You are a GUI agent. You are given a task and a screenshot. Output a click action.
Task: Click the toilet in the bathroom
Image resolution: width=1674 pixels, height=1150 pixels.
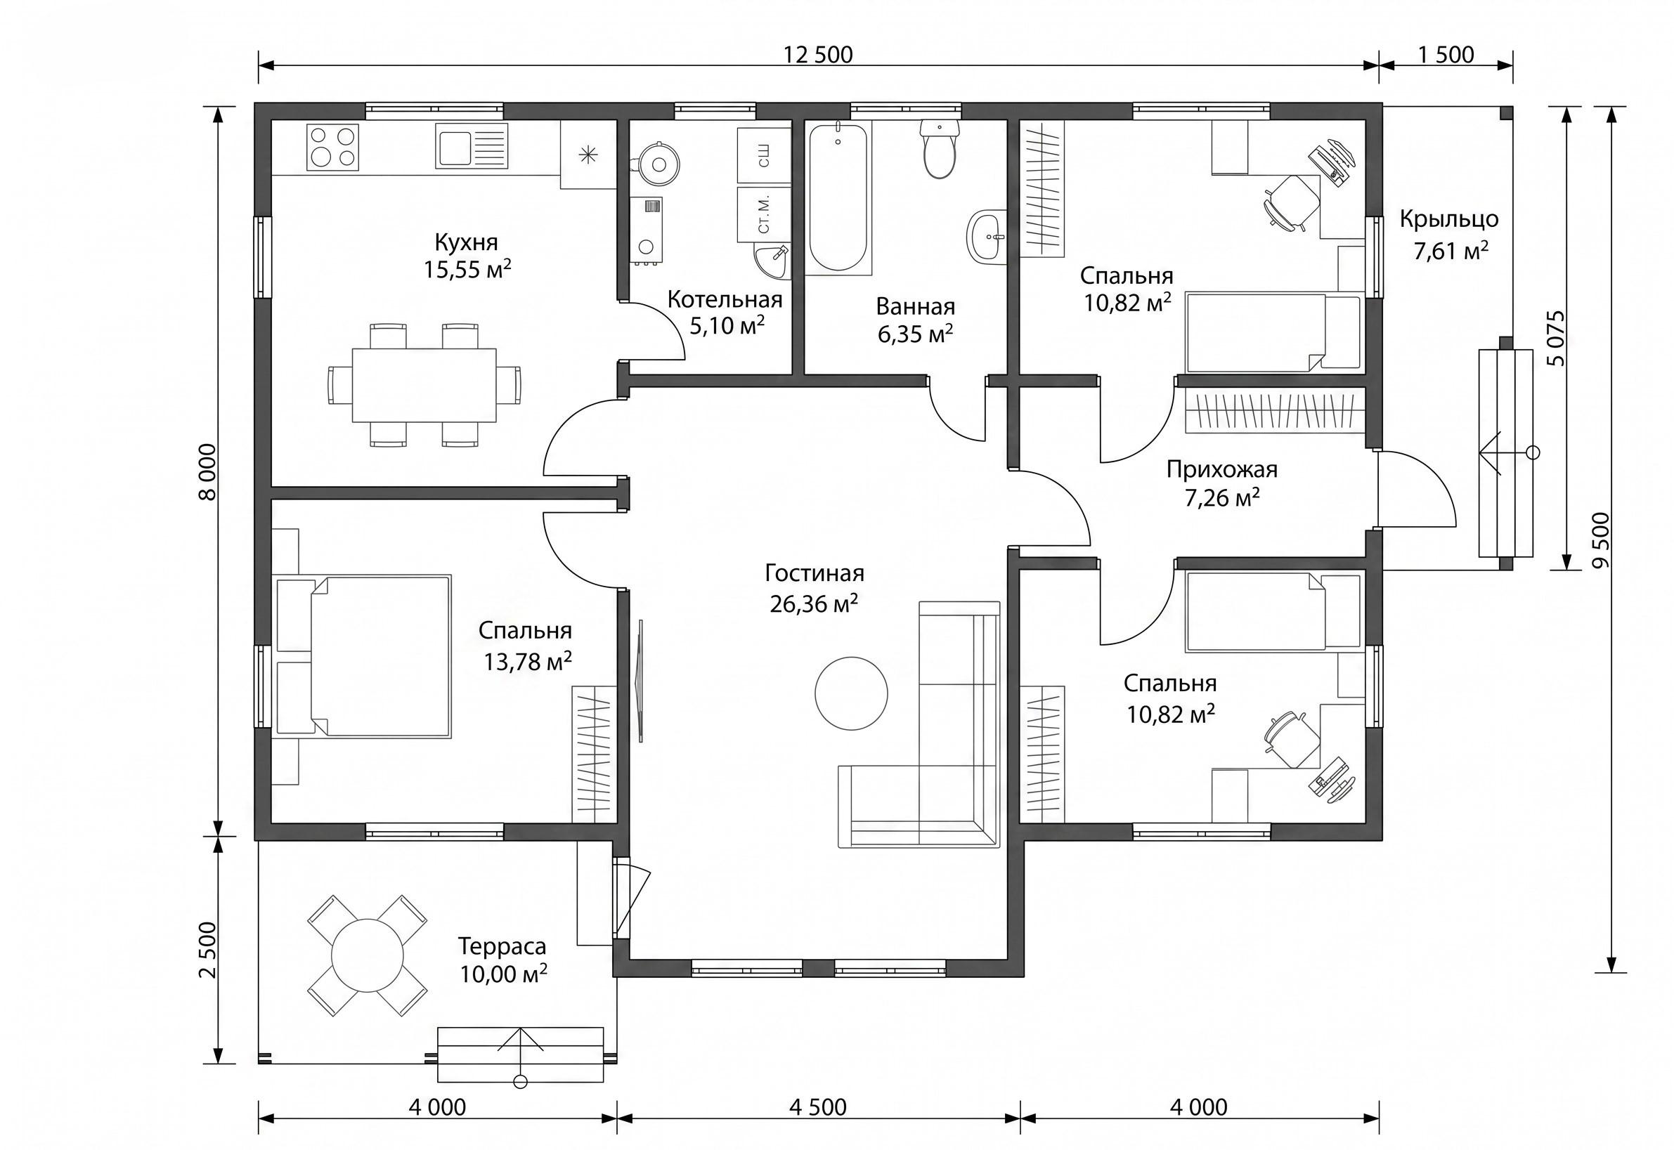940,148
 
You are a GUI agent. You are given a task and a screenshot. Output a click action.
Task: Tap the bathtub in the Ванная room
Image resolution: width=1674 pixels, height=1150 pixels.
838,197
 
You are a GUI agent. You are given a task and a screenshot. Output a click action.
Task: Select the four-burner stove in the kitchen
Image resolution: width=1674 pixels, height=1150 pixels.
332,147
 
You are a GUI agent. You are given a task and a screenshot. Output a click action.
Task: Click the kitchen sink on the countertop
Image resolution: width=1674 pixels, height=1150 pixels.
472,145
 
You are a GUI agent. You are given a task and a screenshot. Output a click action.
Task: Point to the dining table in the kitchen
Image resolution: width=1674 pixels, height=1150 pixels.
424,386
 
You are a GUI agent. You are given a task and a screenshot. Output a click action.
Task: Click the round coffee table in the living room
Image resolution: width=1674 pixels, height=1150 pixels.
851,693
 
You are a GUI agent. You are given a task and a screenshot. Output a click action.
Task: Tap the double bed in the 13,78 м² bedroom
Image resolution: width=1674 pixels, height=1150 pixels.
364,655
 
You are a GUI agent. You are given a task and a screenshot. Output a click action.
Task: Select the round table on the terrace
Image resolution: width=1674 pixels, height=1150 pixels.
367,955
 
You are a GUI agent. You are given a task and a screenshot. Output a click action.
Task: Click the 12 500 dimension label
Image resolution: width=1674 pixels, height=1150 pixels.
818,55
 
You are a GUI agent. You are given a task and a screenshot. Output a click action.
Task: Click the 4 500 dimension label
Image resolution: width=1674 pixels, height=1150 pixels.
818,1106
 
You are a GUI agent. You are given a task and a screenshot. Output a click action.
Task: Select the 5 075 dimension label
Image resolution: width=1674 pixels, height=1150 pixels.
1557,339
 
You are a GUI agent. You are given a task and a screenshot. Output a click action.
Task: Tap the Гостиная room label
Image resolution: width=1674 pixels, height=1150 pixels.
815,573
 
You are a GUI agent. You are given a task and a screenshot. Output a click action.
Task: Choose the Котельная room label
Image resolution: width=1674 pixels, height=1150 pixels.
725,299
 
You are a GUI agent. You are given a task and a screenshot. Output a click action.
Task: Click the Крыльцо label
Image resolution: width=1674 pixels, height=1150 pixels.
1449,219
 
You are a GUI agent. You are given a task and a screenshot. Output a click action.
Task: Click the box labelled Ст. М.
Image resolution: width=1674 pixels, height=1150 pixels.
764,214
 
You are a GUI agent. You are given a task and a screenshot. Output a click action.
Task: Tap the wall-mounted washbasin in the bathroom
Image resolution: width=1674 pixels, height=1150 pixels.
987,235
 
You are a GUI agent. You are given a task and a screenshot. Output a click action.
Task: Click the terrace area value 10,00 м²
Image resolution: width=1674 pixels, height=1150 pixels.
504,974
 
